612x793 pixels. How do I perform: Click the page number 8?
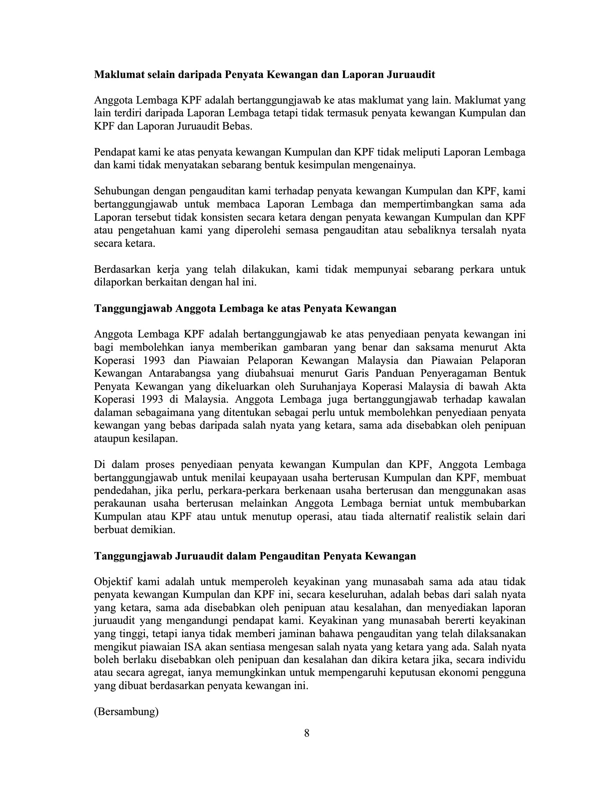point(307,733)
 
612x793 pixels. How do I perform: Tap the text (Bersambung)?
point(126,711)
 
